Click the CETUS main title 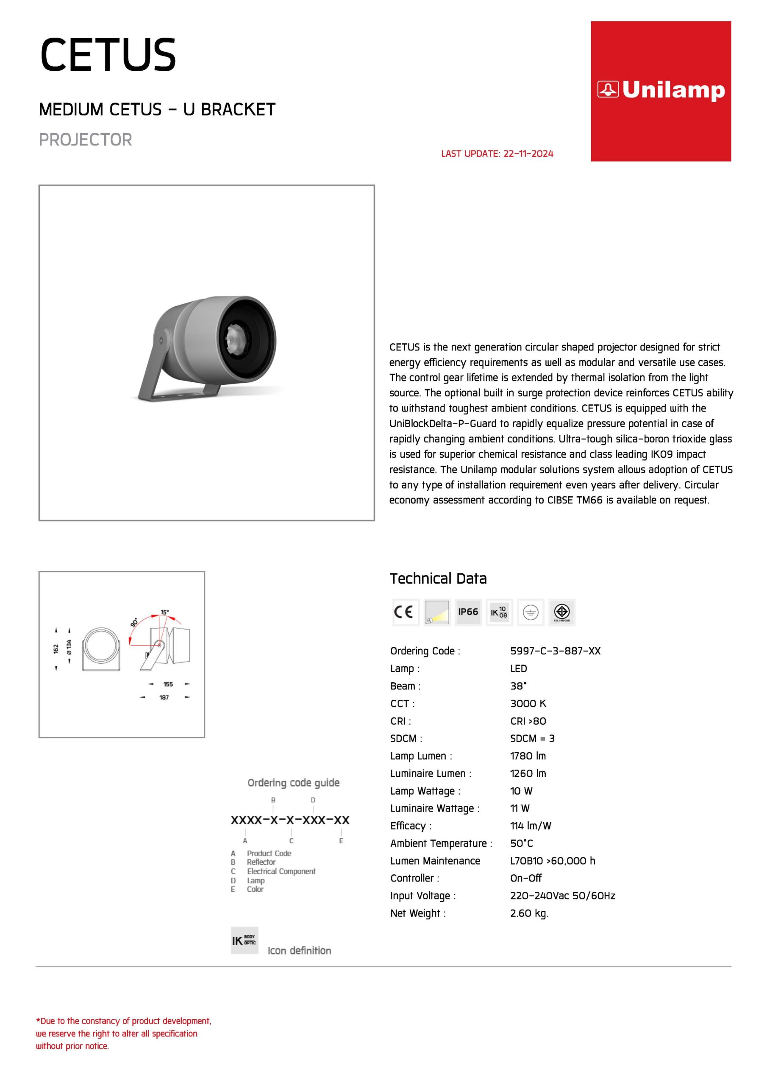tap(108, 55)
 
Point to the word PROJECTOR tap(86, 140)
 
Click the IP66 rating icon tap(468, 612)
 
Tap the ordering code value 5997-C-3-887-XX tap(555, 651)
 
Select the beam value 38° tap(518, 686)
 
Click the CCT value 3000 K tap(528, 703)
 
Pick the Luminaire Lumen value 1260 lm tap(528, 773)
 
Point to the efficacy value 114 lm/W tap(531, 826)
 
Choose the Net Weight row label tap(418, 913)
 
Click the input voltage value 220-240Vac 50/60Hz tap(562, 896)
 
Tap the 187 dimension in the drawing tap(164, 698)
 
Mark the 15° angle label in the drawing tap(164, 612)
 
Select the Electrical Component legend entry tap(281, 871)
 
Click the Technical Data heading tap(438, 579)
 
